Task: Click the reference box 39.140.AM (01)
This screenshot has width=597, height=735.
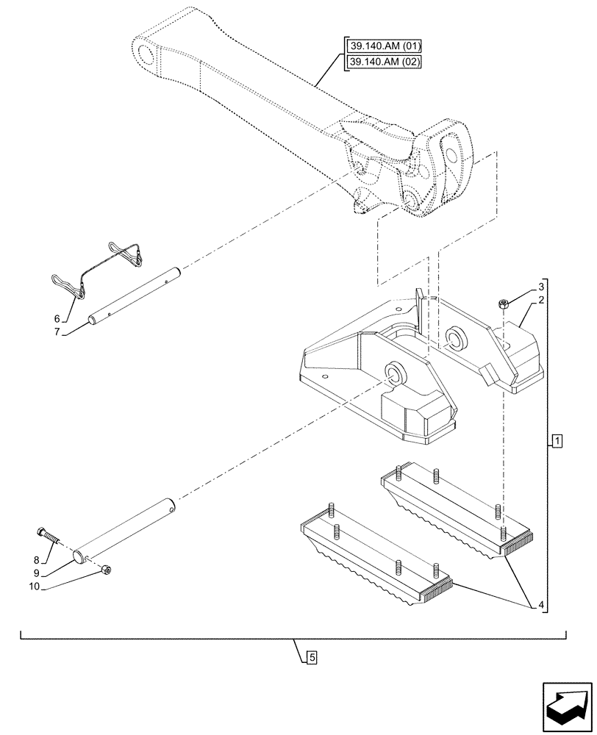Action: pyautogui.click(x=382, y=48)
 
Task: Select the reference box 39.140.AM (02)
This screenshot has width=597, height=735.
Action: pyautogui.click(x=382, y=62)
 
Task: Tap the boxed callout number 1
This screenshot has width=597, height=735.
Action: pyautogui.click(x=557, y=441)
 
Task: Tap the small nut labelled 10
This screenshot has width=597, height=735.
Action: pyautogui.click(x=107, y=569)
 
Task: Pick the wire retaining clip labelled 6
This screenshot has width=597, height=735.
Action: pyautogui.click(x=103, y=268)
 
